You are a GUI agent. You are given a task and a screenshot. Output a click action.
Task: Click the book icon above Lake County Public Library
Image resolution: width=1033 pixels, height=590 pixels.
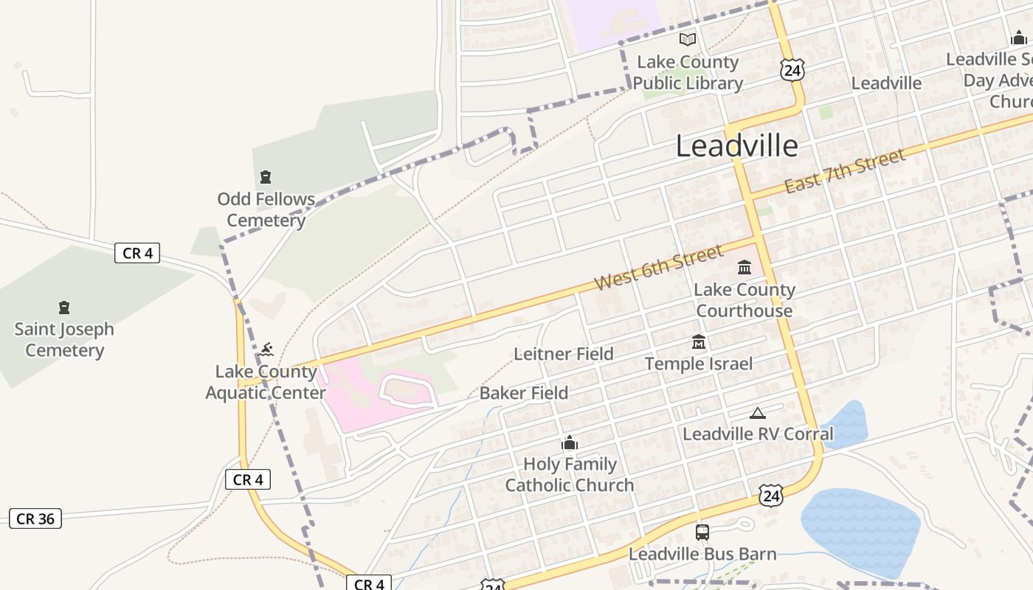click(x=688, y=39)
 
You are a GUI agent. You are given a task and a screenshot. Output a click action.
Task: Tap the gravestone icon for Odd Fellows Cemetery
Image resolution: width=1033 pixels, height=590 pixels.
click(x=266, y=177)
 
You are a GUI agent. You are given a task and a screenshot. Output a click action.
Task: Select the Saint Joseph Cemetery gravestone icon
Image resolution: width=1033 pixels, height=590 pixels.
click(x=64, y=308)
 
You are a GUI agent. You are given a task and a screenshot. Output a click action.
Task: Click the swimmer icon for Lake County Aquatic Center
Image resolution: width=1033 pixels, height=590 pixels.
click(x=266, y=349)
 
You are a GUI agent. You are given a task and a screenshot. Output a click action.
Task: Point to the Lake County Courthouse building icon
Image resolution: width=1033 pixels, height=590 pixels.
click(x=744, y=267)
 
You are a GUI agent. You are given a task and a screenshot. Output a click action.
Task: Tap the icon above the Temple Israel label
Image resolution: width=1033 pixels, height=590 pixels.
click(x=699, y=342)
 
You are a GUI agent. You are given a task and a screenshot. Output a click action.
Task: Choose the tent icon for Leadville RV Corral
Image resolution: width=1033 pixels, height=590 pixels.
click(x=757, y=413)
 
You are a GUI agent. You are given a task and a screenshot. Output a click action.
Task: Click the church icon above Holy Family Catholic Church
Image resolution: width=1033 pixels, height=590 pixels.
click(x=570, y=443)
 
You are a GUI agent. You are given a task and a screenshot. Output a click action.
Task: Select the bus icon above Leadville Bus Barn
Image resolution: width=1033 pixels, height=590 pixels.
click(x=702, y=532)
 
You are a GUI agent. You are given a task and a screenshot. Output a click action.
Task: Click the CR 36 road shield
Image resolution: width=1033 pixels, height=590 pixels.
click(x=35, y=518)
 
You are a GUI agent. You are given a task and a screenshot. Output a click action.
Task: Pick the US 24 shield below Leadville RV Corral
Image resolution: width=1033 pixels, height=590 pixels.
click(x=770, y=495)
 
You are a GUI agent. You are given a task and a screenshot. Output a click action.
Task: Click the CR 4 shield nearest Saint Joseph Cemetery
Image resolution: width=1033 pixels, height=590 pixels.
click(x=137, y=253)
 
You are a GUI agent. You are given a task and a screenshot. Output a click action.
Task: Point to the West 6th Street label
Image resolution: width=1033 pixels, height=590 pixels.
click(x=659, y=267)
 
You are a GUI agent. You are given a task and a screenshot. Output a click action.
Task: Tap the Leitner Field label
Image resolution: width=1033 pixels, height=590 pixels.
click(x=564, y=354)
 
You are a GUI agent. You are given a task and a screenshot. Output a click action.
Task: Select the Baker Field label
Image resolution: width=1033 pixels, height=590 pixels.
click(x=524, y=393)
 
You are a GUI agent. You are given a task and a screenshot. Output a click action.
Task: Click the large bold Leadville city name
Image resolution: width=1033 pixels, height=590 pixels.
click(x=736, y=146)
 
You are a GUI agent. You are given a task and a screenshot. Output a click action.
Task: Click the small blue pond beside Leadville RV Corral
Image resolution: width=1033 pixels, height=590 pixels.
click(x=846, y=424)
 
